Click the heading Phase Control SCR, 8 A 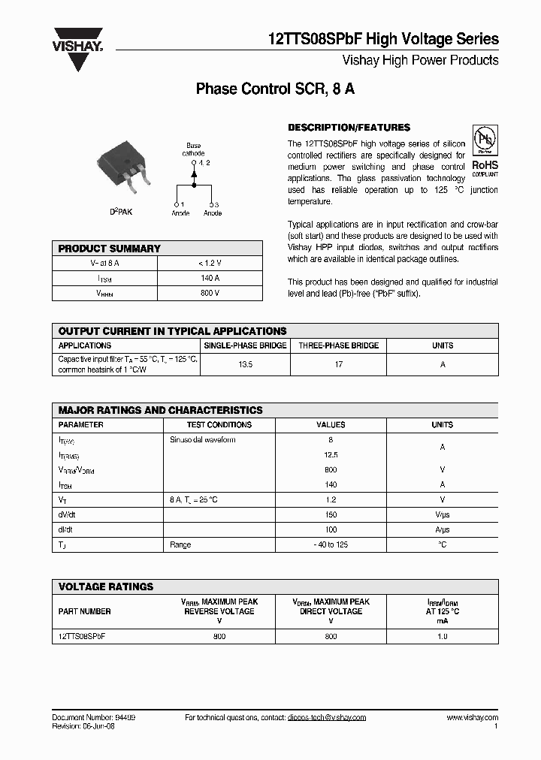(275, 89)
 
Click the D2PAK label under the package (121, 213)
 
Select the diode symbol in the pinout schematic (194, 174)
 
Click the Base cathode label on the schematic (193, 149)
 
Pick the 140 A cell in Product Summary (210, 278)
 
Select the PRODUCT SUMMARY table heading (110, 249)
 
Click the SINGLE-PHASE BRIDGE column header (246, 345)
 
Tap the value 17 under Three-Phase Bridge (339, 364)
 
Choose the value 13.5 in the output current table (246, 364)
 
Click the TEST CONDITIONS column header (219, 425)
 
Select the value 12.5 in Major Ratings (331, 455)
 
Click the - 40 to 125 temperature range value (331, 545)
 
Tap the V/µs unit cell (442, 515)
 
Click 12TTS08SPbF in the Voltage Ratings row (82, 636)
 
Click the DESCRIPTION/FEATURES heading (349, 128)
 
